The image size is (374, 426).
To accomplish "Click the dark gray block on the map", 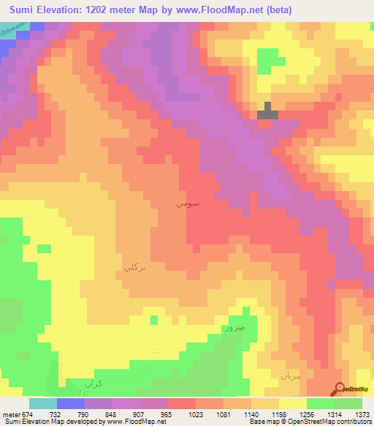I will [268, 112].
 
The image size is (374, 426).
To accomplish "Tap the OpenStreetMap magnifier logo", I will [339, 389].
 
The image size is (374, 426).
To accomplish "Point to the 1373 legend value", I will [363, 414].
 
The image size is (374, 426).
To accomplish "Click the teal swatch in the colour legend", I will [42, 403].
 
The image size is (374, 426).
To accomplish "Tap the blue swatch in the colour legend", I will [71, 403].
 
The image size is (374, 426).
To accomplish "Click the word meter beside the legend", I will [11, 414].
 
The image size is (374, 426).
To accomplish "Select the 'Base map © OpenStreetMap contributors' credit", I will [310, 422].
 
